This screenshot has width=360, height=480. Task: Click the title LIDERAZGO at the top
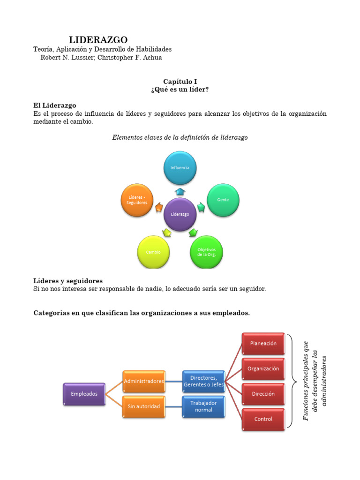(98, 40)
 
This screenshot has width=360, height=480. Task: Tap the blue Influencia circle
(180, 167)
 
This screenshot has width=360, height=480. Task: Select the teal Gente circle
(223, 200)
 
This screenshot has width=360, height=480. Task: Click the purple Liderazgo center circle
(180, 214)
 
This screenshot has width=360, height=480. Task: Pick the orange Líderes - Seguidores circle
(137, 200)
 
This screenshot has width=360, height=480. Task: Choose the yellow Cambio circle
(153, 252)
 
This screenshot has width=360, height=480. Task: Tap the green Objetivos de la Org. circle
(206, 252)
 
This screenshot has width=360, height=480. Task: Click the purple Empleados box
(84, 394)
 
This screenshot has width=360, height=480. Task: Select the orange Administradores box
(144, 381)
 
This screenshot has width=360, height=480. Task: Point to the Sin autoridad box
(144, 406)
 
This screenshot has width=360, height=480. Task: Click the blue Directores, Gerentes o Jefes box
(203, 381)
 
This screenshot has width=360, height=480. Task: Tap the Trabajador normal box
(203, 406)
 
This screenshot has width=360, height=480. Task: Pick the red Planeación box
(263, 344)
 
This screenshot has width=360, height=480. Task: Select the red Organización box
(263, 369)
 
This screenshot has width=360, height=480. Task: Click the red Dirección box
(263, 394)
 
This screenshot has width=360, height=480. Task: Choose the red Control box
(263, 419)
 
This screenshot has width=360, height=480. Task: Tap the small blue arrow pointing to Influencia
(180, 191)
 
